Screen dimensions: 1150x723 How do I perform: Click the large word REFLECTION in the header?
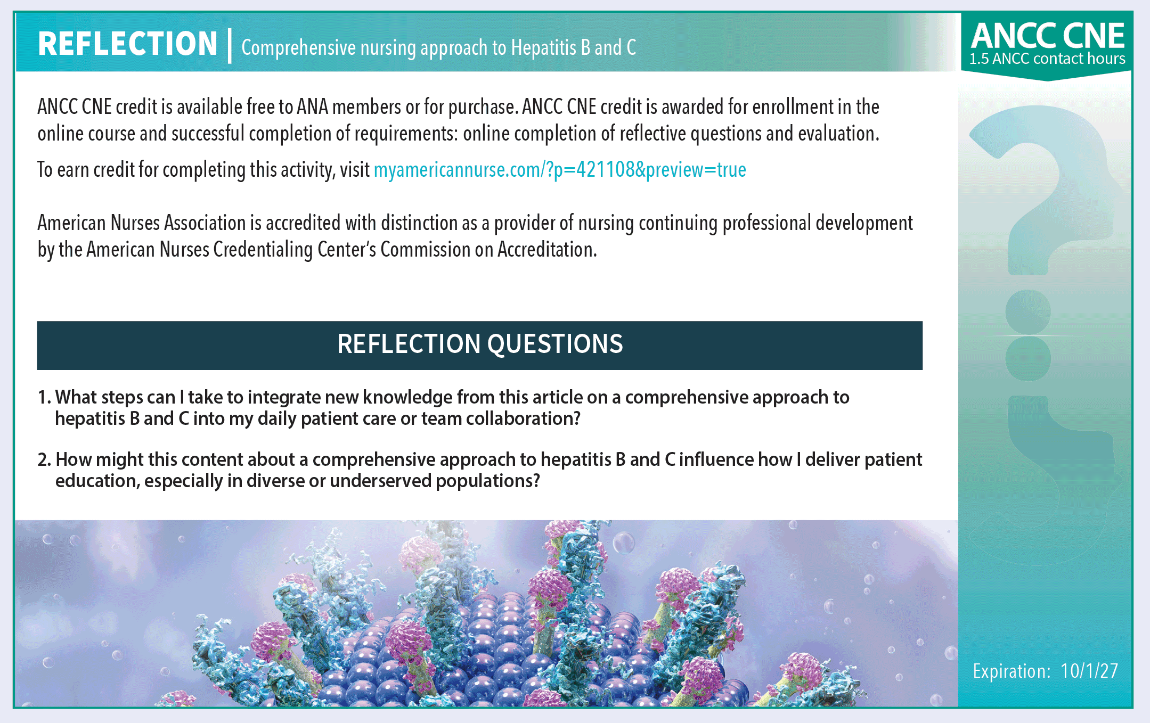pos(128,44)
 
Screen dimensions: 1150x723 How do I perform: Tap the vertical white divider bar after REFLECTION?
pos(230,46)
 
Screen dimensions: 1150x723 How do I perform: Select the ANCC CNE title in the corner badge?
pos(1048,36)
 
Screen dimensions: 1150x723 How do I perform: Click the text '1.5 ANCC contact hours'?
pos(1047,59)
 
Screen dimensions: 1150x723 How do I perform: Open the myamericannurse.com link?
pos(560,170)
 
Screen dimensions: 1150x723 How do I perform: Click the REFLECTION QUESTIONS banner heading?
pos(480,344)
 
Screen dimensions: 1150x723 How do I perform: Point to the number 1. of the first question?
pos(45,398)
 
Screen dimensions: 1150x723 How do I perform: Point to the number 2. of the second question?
pos(44,460)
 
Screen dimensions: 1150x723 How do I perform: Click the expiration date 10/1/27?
pos(1089,671)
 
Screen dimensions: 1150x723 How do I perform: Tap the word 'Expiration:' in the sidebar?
pos(1012,671)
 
